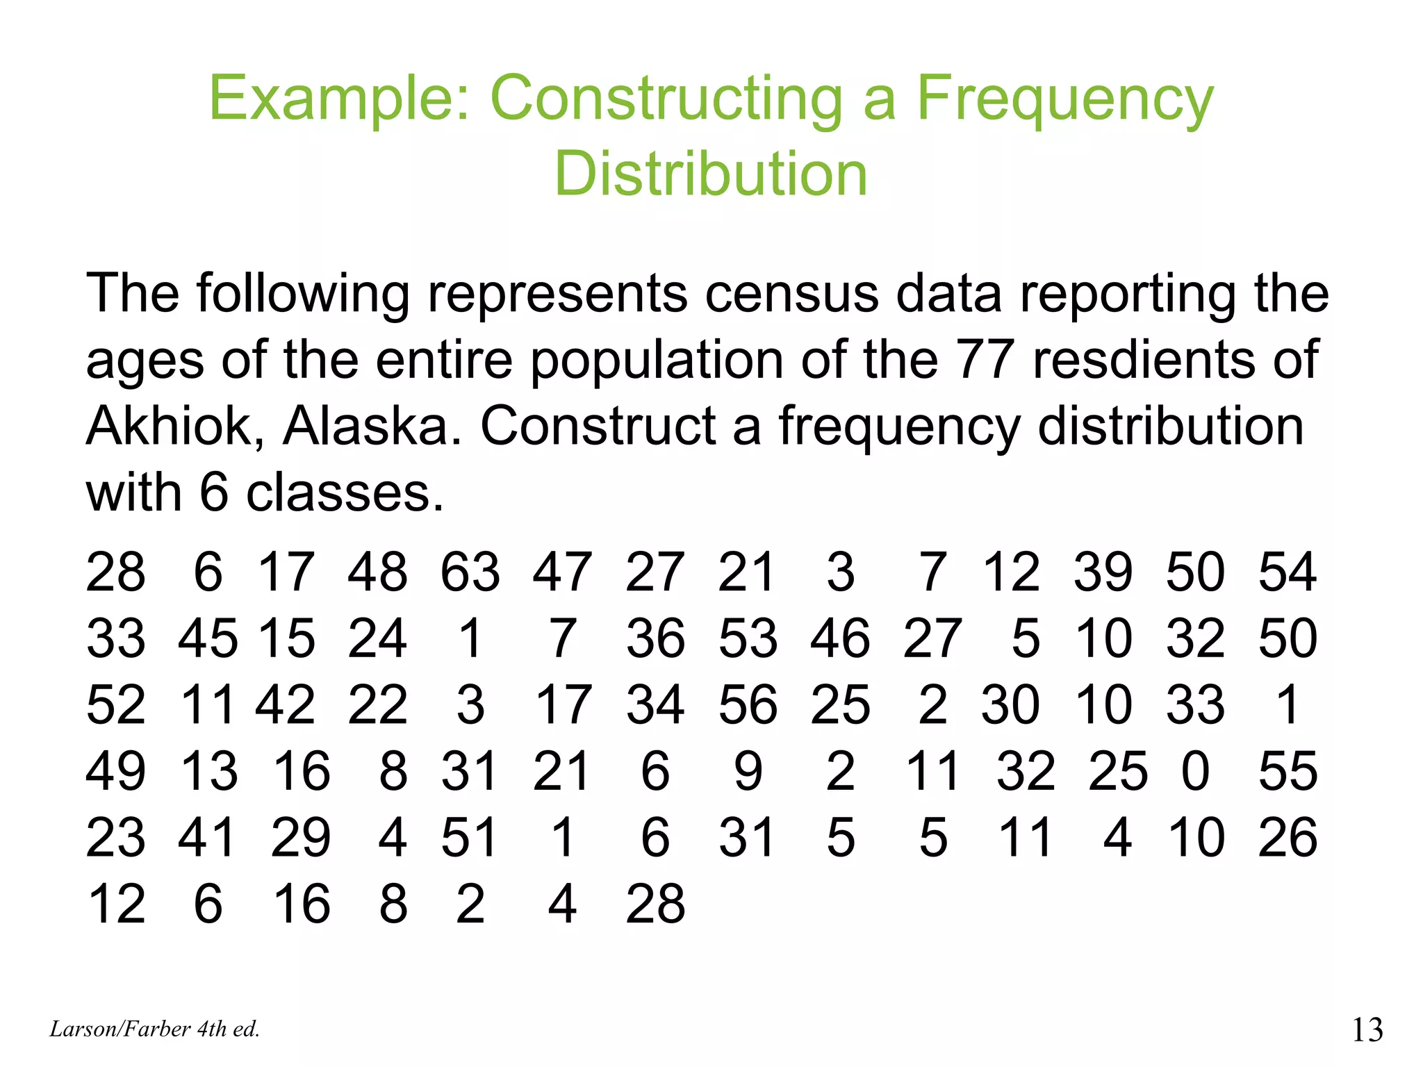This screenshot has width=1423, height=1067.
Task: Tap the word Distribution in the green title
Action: pos(711,174)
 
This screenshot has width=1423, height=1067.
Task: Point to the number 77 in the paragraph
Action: pos(985,360)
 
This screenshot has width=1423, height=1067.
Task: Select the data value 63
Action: pos(470,572)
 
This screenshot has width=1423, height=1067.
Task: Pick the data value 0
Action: pos(1195,771)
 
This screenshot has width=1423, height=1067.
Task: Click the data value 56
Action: pos(748,704)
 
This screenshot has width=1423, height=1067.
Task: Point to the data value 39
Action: pos(1103,572)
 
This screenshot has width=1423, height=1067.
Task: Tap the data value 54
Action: pos(1288,572)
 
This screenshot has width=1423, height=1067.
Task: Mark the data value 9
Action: pos(748,771)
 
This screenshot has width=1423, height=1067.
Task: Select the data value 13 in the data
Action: pos(209,771)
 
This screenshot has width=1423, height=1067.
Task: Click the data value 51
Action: pos(470,837)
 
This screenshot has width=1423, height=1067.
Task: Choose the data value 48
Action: pos(377,572)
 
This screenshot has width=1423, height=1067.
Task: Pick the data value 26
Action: pos(1288,837)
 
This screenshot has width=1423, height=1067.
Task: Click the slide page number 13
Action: pos(1367,1029)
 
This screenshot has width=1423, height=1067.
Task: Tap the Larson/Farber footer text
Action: pos(154,1029)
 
